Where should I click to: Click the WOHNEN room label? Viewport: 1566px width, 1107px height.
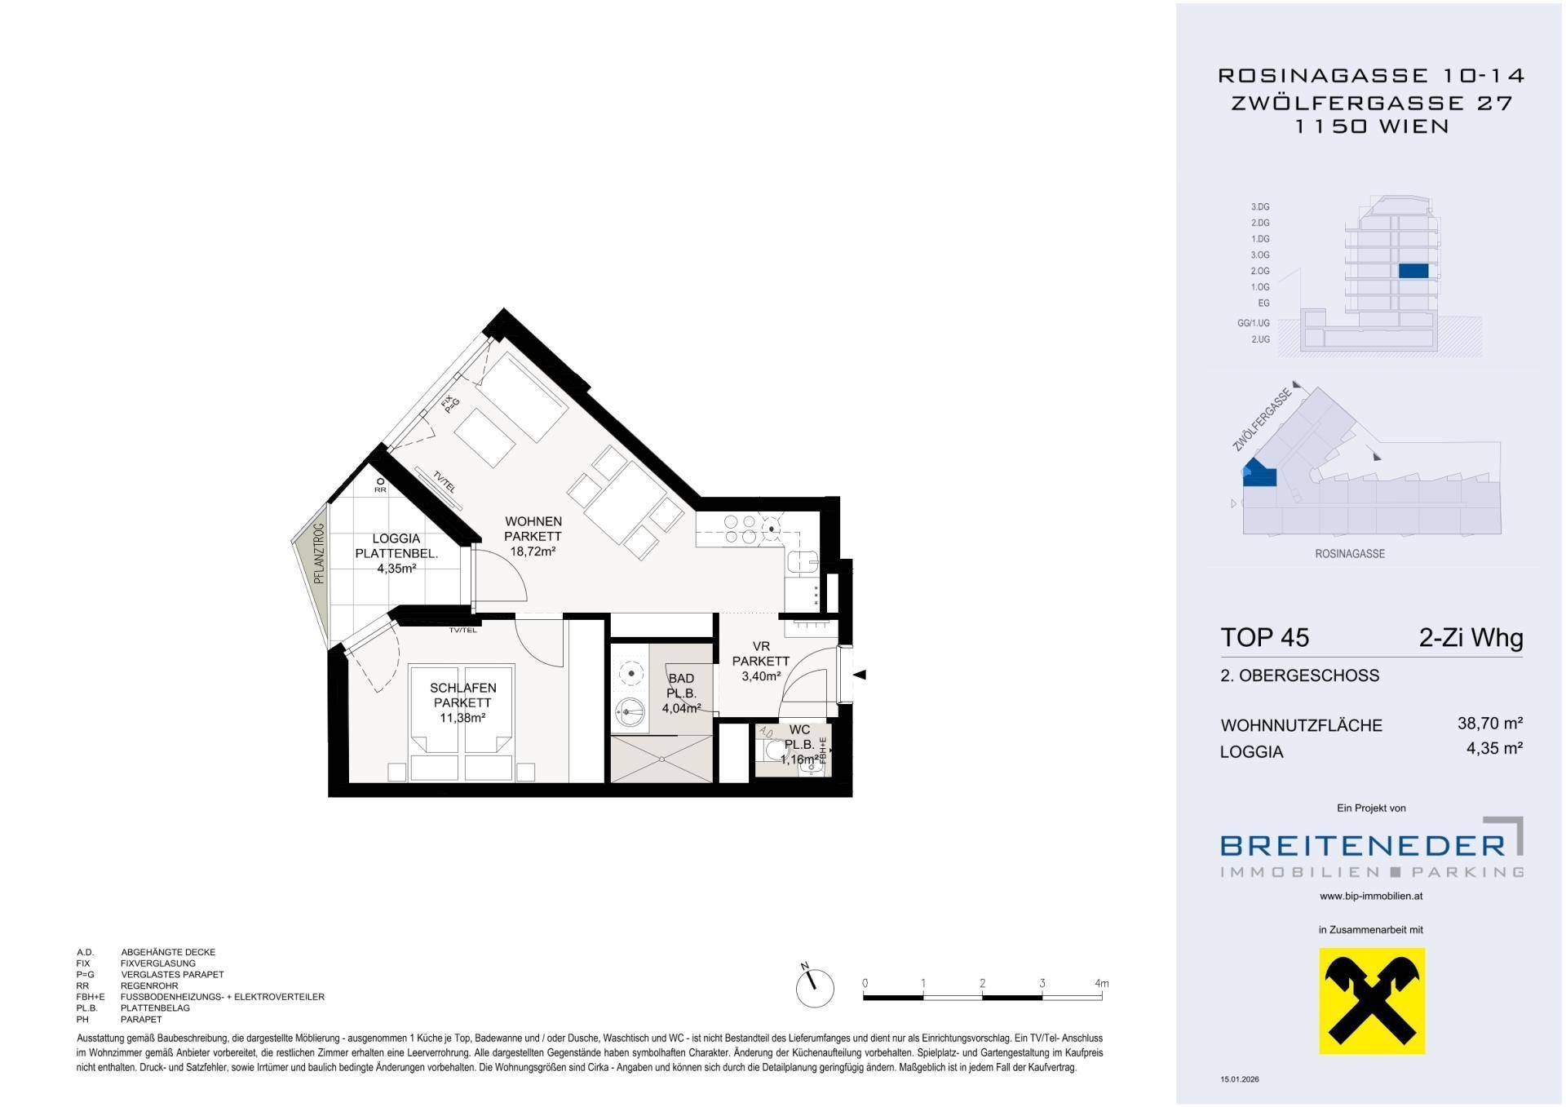tap(533, 521)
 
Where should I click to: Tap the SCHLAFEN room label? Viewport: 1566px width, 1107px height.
tap(462, 688)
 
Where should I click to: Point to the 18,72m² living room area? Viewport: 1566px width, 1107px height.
tap(533, 551)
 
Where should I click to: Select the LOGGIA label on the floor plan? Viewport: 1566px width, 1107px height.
tap(396, 538)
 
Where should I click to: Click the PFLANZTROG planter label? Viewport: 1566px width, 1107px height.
tap(319, 554)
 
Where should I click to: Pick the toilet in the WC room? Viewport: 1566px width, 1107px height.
tap(771, 749)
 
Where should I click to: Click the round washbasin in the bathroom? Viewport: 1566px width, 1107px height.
tap(629, 711)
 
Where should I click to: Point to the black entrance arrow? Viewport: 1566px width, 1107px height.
tap(859, 675)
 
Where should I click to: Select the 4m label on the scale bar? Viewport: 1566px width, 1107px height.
tap(1102, 983)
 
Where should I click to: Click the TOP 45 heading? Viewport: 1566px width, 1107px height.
tap(1264, 637)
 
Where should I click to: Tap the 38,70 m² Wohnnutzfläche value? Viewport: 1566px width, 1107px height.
tap(1490, 723)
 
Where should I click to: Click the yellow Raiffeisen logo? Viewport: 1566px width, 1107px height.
tap(1372, 1000)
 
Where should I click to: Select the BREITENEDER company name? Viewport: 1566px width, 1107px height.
tap(1362, 845)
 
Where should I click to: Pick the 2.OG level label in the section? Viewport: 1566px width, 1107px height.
tap(1260, 271)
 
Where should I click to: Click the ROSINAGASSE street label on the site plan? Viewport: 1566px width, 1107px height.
tap(1350, 554)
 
